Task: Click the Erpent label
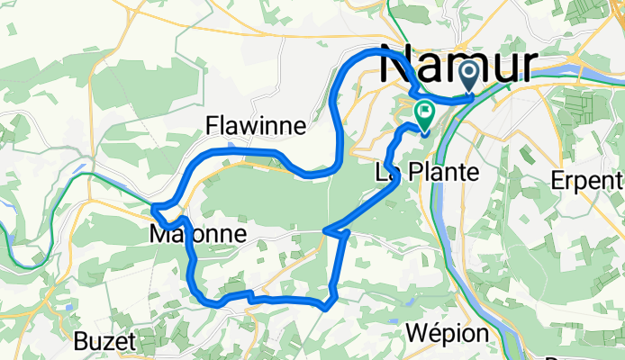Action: [590, 179]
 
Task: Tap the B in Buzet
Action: [84, 341]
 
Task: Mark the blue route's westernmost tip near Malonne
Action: [153, 209]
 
